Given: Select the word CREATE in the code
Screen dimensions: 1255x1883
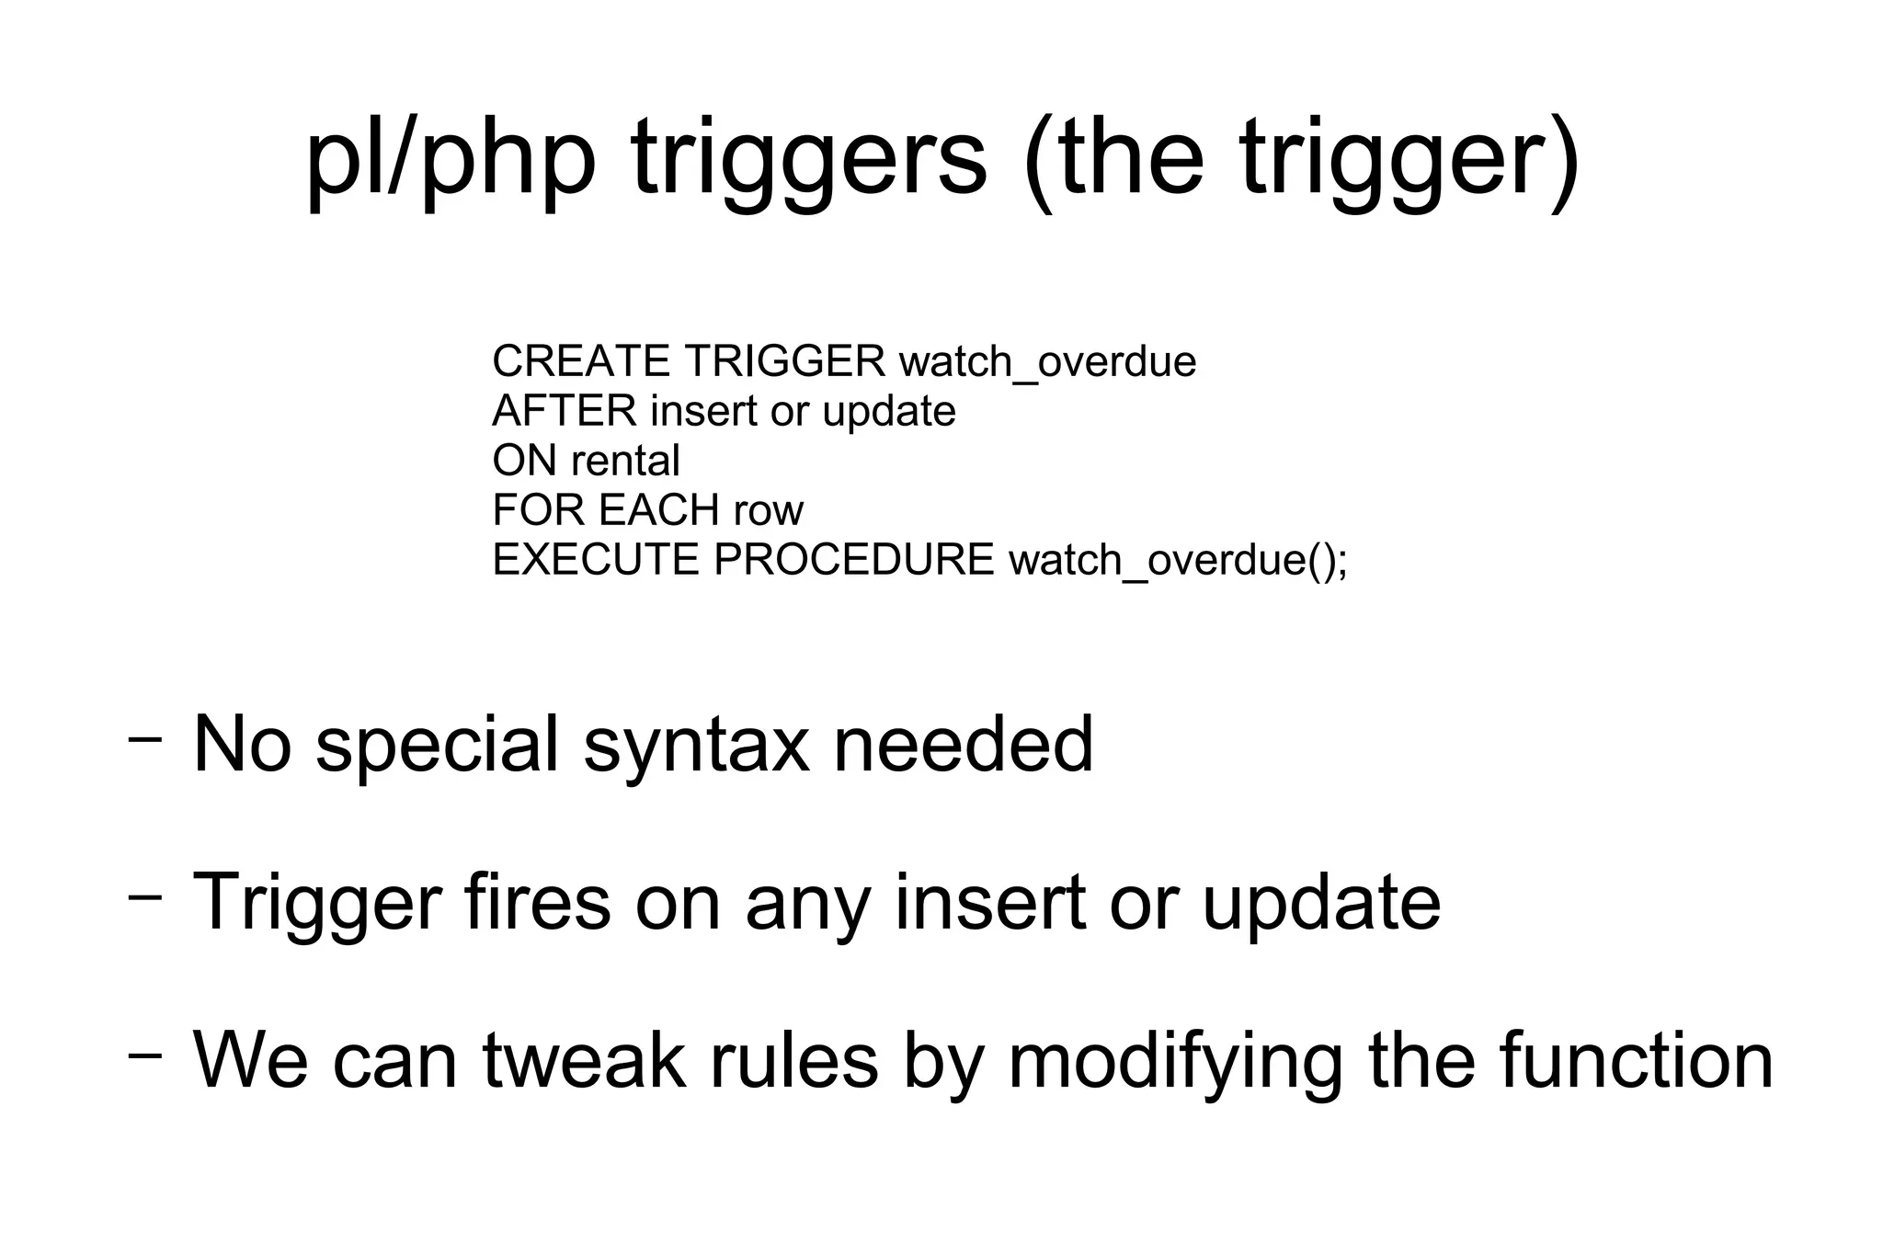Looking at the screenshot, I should click(581, 361).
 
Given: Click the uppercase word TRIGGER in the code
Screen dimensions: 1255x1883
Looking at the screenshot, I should click(784, 361).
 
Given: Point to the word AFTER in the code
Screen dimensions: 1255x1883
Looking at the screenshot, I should click(564, 411).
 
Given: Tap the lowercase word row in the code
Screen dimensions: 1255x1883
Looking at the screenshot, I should click(769, 511).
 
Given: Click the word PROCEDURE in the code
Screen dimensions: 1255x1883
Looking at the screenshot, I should click(853, 560).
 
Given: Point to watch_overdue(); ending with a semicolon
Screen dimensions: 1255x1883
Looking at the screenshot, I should click(1178, 561).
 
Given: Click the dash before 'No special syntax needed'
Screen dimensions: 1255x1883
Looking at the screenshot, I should click(145, 738).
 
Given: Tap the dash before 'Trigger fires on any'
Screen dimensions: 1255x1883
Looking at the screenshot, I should click(145, 896).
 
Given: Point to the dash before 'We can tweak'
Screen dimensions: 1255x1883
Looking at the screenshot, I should click(145, 1055).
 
